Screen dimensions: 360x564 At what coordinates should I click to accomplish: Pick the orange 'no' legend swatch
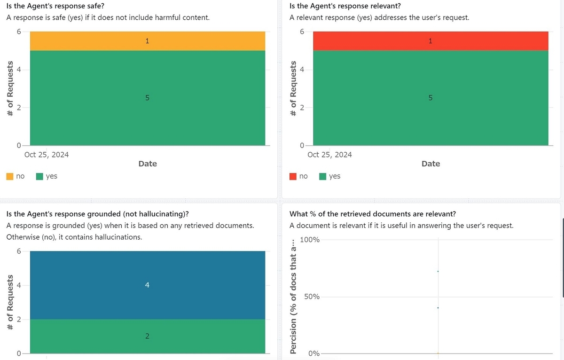coord(10,176)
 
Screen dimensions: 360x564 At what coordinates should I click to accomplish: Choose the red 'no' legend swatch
coord(293,176)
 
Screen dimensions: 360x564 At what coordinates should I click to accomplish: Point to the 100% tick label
coord(309,240)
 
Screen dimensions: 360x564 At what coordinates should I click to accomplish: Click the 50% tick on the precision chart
coord(312,297)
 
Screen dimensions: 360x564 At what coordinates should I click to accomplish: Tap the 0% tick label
coord(313,353)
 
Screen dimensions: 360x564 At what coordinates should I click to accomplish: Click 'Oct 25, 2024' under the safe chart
coord(47,155)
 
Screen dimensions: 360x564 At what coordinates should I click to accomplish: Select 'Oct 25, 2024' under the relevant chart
coord(329,155)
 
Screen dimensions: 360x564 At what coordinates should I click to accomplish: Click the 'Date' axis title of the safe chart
coord(148,164)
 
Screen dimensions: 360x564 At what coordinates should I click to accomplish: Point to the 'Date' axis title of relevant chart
coord(431,164)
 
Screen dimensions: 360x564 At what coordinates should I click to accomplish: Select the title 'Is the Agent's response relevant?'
coord(345,6)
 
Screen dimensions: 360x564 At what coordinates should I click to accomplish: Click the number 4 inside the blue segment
coord(147,285)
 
